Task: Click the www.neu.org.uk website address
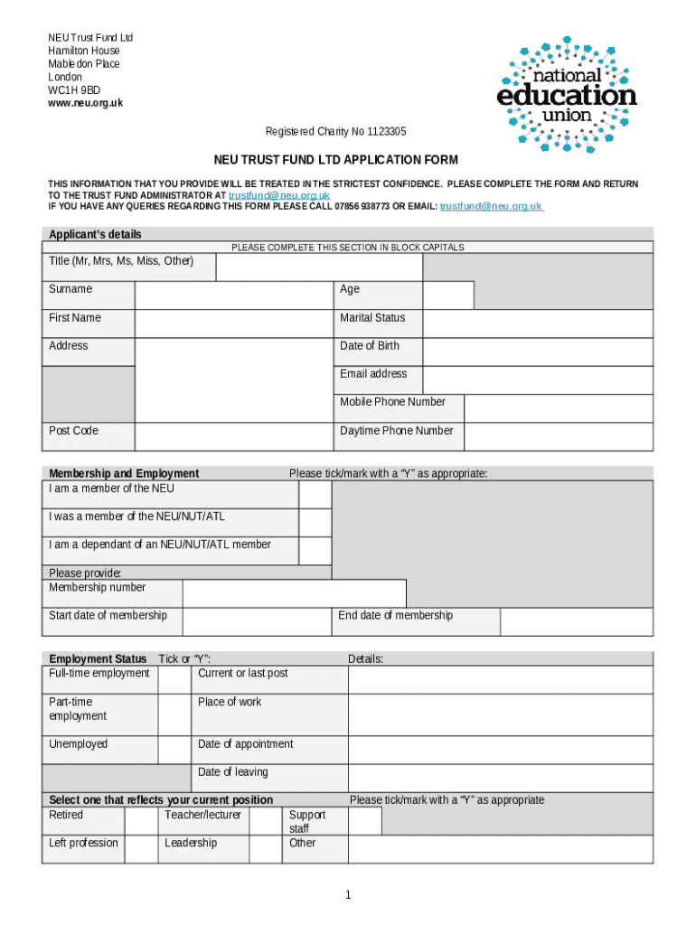pyautogui.click(x=85, y=103)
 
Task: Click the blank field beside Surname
pyautogui.click(x=233, y=295)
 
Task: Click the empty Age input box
pyautogui.click(x=447, y=295)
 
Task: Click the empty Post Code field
pyautogui.click(x=233, y=436)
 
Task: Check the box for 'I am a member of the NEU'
pyautogui.click(x=315, y=494)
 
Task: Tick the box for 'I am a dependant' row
pyautogui.click(x=315, y=550)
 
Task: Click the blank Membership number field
pyautogui.click(x=294, y=593)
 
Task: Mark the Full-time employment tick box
pyautogui.click(x=174, y=679)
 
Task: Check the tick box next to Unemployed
pyautogui.click(x=174, y=750)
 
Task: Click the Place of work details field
pyautogui.click(x=500, y=715)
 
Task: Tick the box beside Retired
pyautogui.click(x=140, y=820)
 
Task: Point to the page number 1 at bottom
pyautogui.click(x=347, y=895)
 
